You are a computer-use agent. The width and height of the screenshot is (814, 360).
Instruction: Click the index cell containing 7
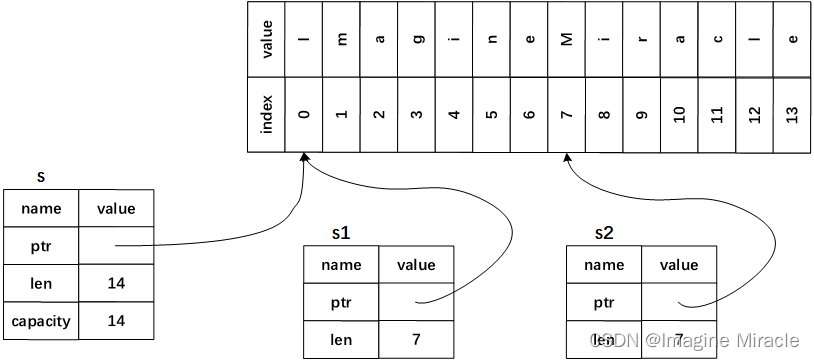point(567,114)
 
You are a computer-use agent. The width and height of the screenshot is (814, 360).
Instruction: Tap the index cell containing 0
point(304,114)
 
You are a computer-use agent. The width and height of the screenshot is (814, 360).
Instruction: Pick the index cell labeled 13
point(792,114)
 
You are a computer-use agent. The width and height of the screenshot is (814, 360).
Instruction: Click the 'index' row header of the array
point(266,114)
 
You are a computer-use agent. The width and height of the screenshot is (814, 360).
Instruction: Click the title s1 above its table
point(341,232)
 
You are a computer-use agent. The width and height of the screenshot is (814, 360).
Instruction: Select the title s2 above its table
point(604,232)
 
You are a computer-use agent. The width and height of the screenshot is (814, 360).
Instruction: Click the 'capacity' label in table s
point(40,321)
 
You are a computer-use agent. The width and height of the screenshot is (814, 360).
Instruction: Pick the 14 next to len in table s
point(116,283)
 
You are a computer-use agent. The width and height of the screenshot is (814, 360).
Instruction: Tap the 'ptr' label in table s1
point(341,302)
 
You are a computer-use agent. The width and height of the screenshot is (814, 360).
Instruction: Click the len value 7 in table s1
point(416,340)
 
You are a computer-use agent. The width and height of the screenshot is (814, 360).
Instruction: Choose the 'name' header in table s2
point(604,265)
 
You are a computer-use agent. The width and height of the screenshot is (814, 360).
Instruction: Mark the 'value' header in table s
point(116,208)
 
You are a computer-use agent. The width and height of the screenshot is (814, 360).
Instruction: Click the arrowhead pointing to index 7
point(567,158)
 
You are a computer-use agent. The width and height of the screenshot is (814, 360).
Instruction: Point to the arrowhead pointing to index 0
point(304,158)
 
